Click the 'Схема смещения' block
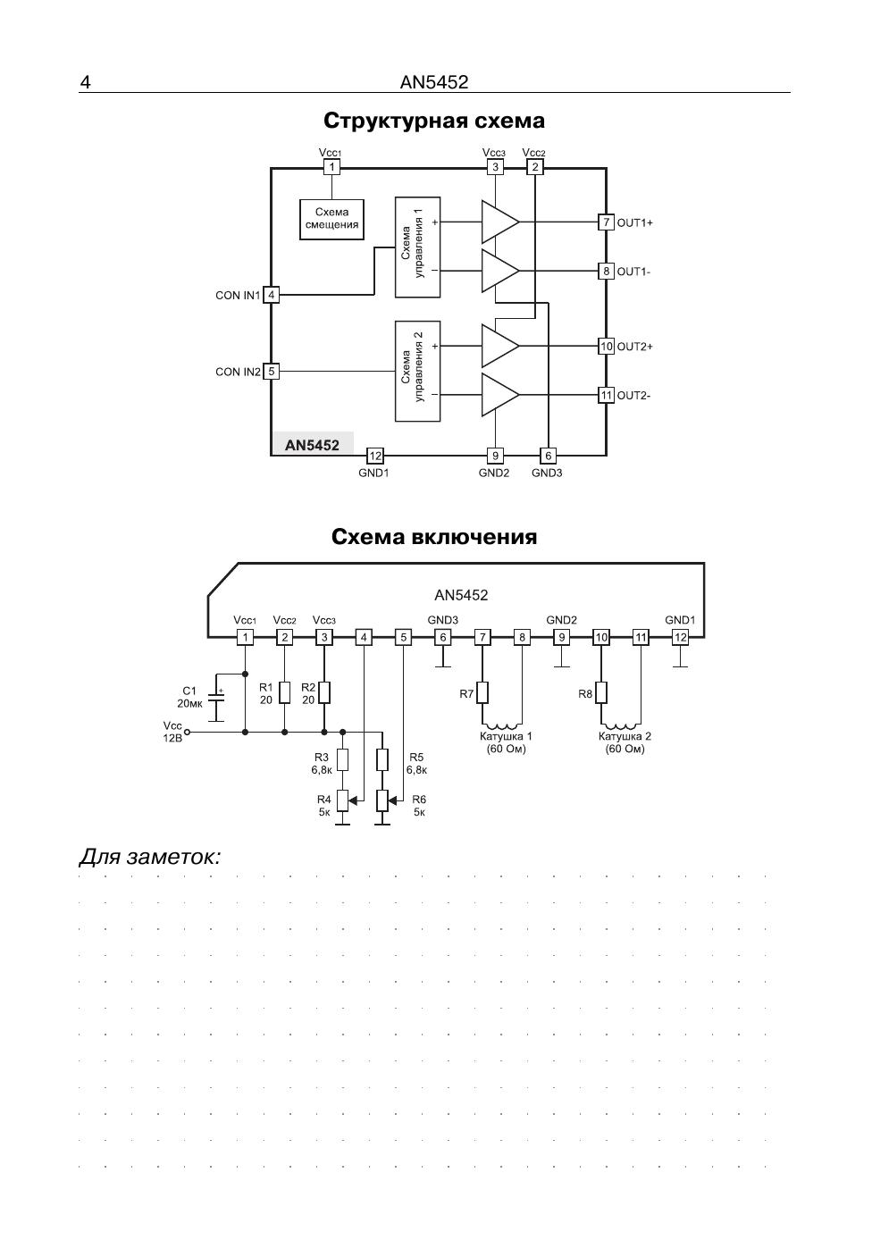[331, 219]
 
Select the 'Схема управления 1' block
[417, 247]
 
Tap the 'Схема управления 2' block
[417, 371]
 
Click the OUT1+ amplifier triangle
[500, 222]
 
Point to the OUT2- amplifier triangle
[500, 395]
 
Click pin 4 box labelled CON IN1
[272, 295]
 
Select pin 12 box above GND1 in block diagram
[375, 456]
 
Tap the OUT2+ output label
[634, 347]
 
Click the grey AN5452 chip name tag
[313, 444]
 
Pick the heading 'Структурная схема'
[434, 121]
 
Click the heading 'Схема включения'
[434, 536]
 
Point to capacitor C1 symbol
[216, 698]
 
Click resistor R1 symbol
[285, 692]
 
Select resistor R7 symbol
[482, 692]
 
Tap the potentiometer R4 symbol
[343, 800]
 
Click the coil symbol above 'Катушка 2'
[621, 726]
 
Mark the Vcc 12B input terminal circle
[187, 732]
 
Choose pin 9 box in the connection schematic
[561, 637]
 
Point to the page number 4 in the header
[85, 82]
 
